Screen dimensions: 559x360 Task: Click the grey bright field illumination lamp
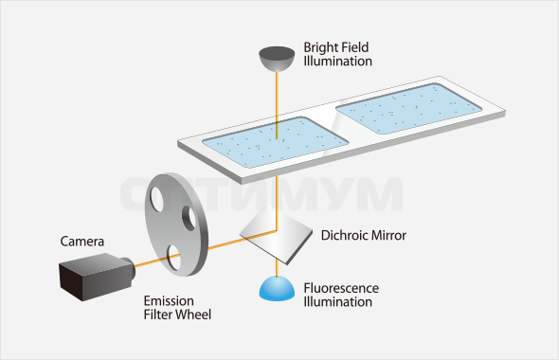coord(277,58)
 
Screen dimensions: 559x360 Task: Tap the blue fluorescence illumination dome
coord(277,288)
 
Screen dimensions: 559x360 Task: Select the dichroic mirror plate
coord(276,237)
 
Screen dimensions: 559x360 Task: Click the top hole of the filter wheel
coord(157,199)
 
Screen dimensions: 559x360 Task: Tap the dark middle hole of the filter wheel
coord(189,218)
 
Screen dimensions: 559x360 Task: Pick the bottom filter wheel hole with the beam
coord(174,258)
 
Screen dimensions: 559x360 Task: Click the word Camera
coord(82,242)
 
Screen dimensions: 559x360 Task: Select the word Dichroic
coord(344,235)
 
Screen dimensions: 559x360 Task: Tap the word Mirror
coord(388,235)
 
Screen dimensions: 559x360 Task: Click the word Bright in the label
coord(321,47)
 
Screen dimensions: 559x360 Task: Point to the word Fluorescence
coord(341,288)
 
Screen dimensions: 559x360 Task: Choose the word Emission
coord(169,301)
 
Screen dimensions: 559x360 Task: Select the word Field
coord(354,47)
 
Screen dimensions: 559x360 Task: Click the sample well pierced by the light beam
coord(275,142)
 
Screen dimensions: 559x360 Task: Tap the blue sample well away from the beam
coord(409,109)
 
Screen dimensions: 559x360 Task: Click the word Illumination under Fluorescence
coord(337,302)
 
